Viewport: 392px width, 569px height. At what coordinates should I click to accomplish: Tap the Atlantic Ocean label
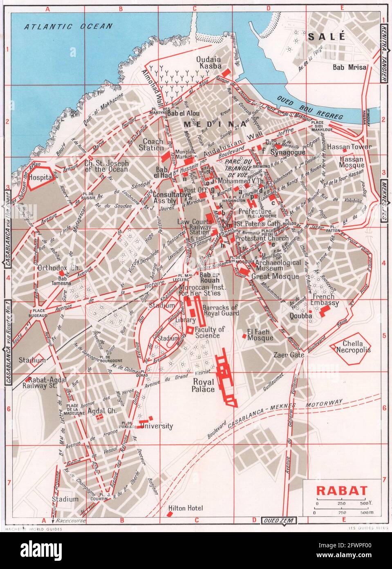coord(68,27)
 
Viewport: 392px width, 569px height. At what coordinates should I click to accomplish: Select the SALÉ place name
coord(327,36)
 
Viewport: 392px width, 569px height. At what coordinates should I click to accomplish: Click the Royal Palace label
coord(203,386)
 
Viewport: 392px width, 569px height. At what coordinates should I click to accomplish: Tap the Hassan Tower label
coord(355,147)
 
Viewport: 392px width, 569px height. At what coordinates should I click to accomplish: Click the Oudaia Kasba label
coord(209,62)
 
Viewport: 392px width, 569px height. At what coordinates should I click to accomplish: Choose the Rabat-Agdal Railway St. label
coord(40,381)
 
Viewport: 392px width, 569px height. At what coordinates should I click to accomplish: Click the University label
coord(156,426)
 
